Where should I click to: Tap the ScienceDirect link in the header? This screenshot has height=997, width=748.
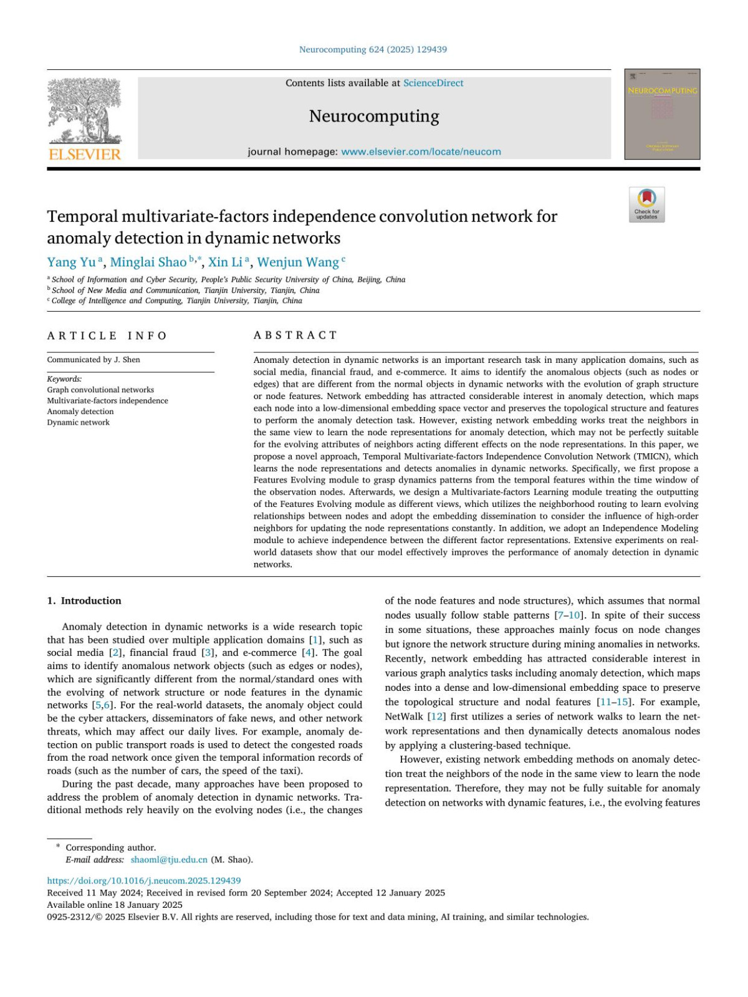point(433,83)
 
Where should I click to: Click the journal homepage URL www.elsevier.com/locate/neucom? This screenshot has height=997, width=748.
point(421,152)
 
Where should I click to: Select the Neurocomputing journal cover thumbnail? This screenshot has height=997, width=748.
point(662,114)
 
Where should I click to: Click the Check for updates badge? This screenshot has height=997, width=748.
point(646,205)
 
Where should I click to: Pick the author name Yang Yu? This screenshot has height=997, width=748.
point(71,262)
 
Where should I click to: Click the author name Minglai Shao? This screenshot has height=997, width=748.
point(148,262)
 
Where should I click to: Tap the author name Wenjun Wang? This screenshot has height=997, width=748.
point(297,262)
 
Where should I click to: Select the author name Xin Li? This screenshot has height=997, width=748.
point(225,262)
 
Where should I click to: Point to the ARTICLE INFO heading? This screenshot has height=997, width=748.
point(107,335)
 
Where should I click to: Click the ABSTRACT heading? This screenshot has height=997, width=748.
point(295,335)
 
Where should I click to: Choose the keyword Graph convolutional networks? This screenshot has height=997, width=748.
point(100,390)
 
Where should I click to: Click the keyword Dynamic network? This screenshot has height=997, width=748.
point(79,422)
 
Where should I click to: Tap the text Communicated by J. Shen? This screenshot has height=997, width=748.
point(93,360)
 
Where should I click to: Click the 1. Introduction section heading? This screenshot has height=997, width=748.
point(84,600)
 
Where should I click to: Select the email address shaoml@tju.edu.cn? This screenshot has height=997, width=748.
point(169,860)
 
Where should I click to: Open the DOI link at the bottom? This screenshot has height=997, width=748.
point(144,880)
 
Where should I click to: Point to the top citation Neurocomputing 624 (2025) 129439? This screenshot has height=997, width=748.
point(373,49)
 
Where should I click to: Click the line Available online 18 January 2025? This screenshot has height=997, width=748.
point(115,905)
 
